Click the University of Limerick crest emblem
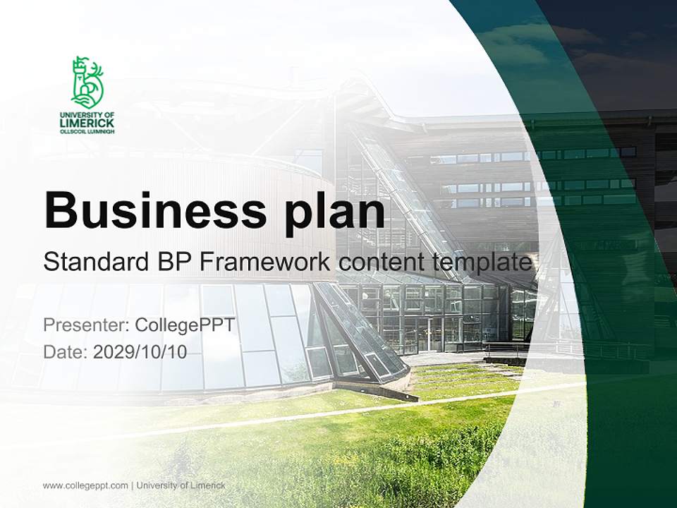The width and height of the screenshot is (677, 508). pyautogui.click(x=87, y=82)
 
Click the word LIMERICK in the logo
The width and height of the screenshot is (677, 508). pyautogui.click(x=87, y=123)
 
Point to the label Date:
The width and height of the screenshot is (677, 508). pyautogui.click(x=66, y=352)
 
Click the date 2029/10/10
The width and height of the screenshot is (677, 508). pyautogui.click(x=140, y=352)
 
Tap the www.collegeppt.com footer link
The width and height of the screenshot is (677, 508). pyautogui.click(x=85, y=485)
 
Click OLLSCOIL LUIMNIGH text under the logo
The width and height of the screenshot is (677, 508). pyautogui.click(x=87, y=131)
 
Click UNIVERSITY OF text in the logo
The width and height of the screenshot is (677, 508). pyautogui.click(x=87, y=114)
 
